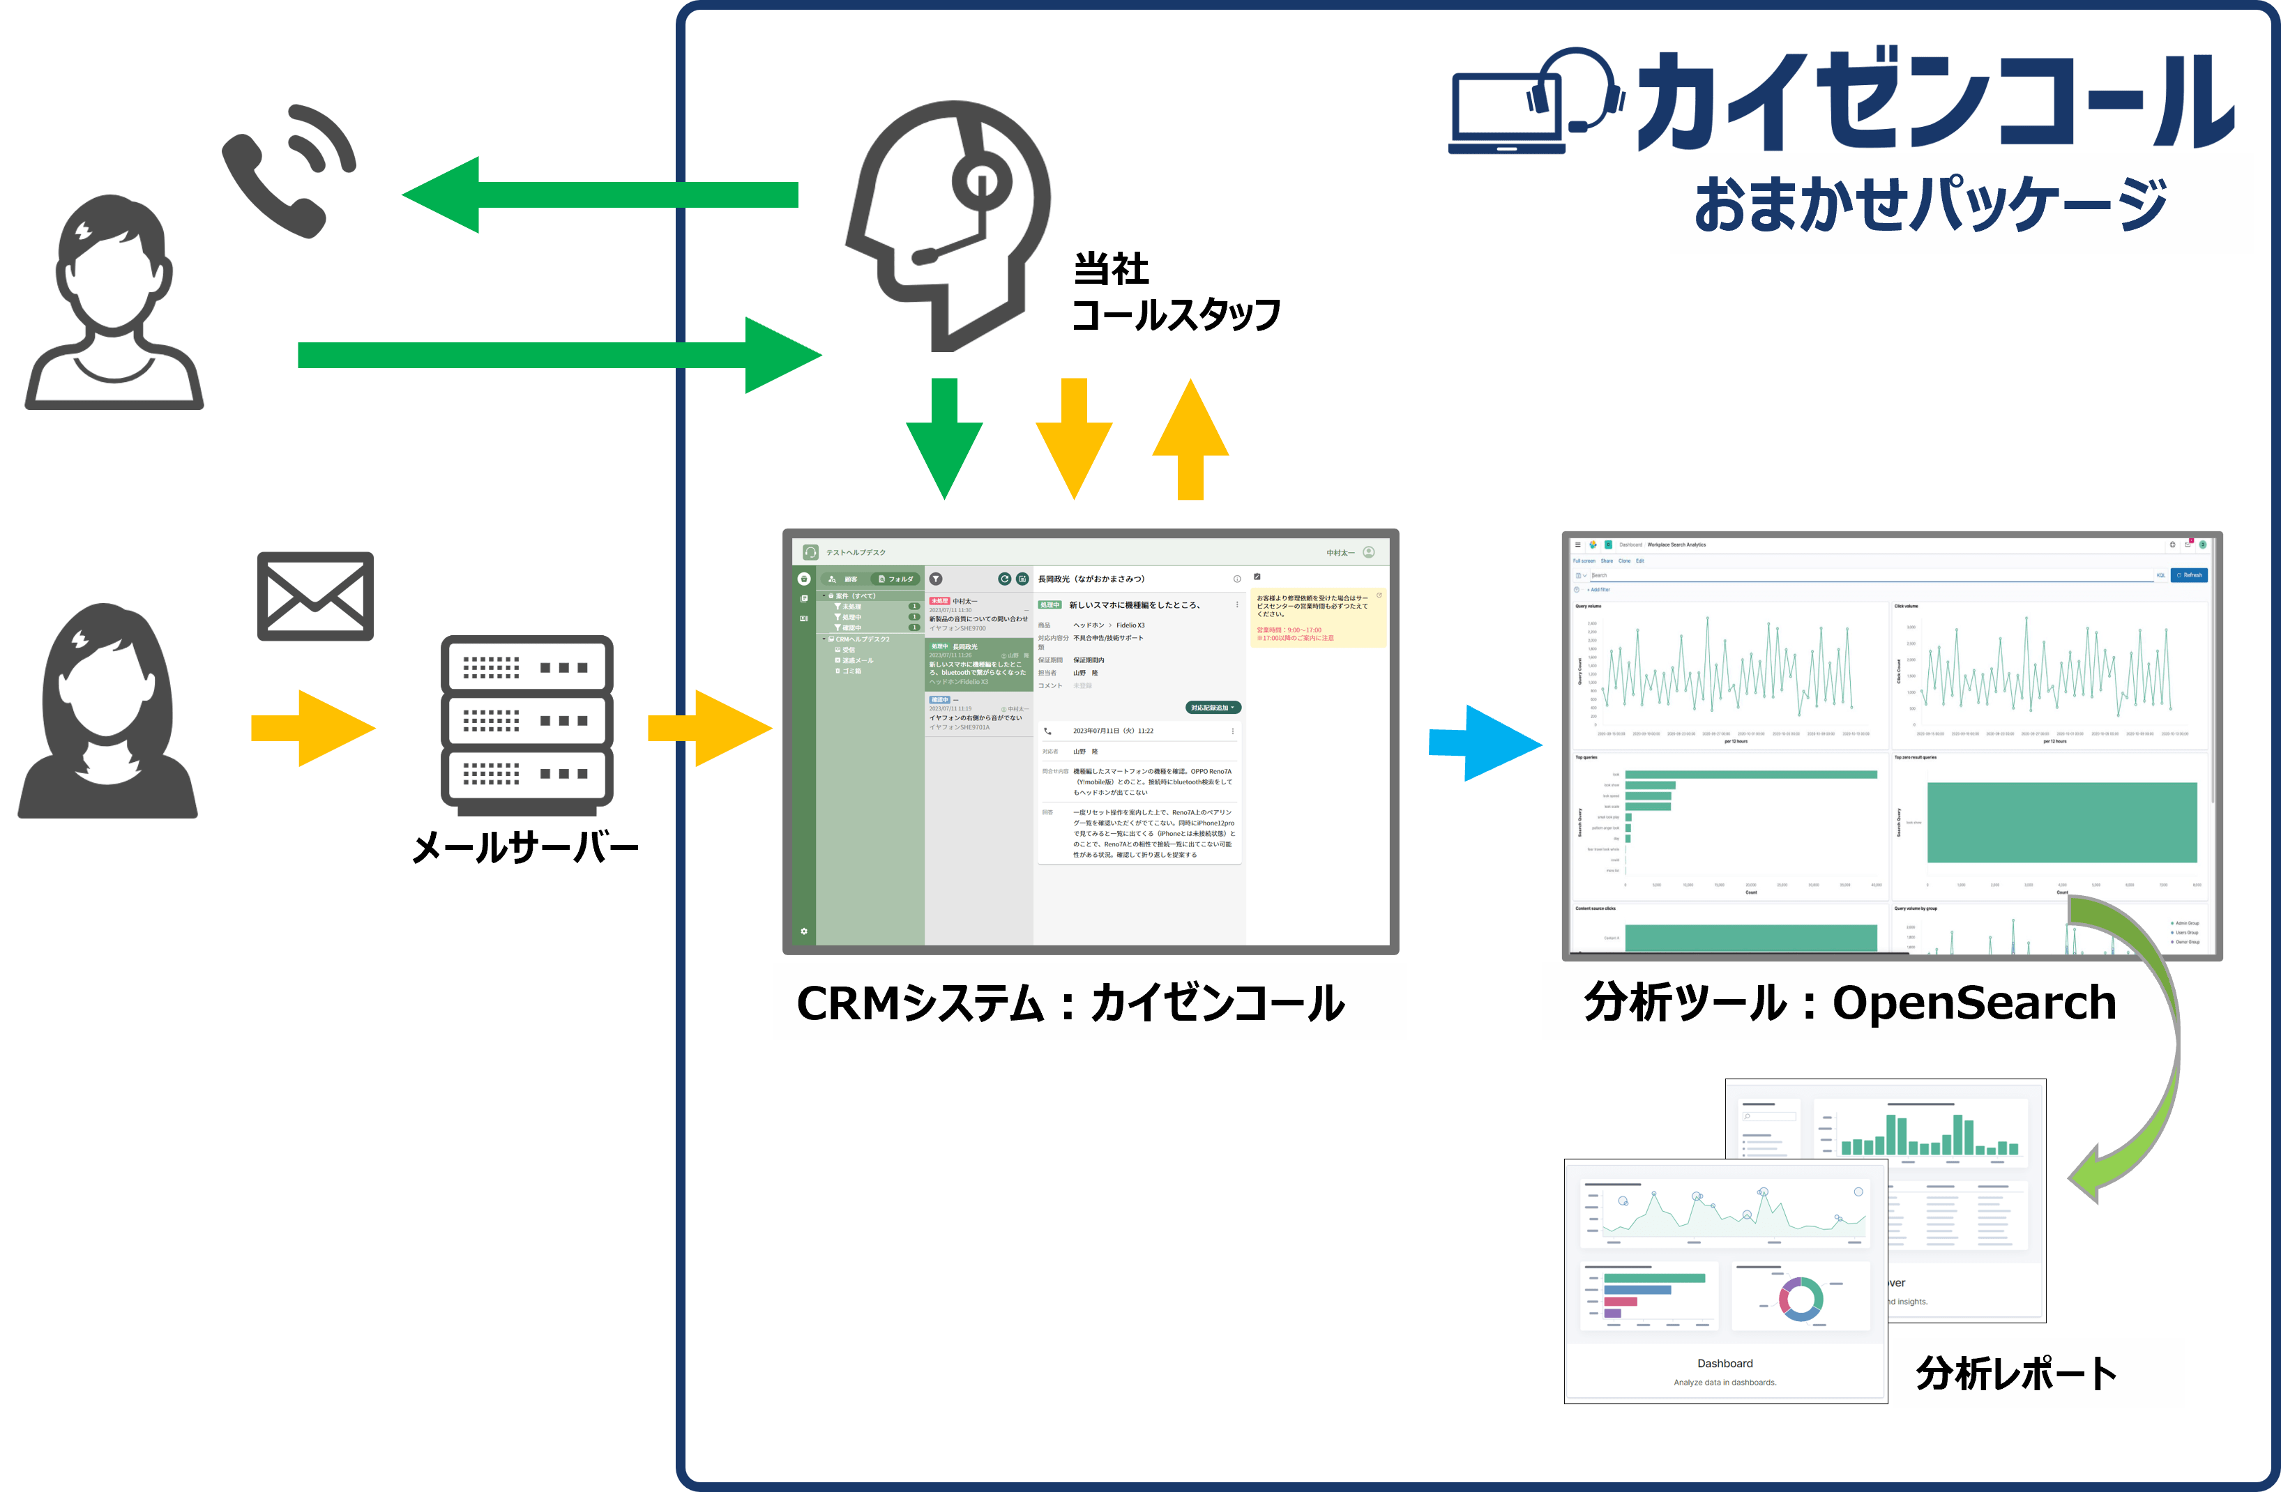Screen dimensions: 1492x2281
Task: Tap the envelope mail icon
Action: click(315, 596)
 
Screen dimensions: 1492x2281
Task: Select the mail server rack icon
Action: click(526, 721)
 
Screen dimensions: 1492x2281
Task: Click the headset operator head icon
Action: click(949, 220)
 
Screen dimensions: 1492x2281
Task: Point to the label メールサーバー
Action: click(525, 847)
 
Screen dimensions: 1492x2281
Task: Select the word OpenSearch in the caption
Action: click(1973, 1003)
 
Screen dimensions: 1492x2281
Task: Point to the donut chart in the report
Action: click(1800, 1298)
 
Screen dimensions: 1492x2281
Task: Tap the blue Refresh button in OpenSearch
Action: click(2189, 575)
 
